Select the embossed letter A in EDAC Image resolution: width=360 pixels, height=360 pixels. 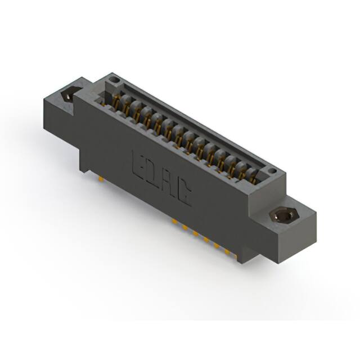click(x=168, y=186)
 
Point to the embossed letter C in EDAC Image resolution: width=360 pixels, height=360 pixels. click(x=183, y=196)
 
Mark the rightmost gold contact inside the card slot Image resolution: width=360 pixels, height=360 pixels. click(x=251, y=178)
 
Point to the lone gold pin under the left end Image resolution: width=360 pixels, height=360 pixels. click(x=100, y=179)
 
